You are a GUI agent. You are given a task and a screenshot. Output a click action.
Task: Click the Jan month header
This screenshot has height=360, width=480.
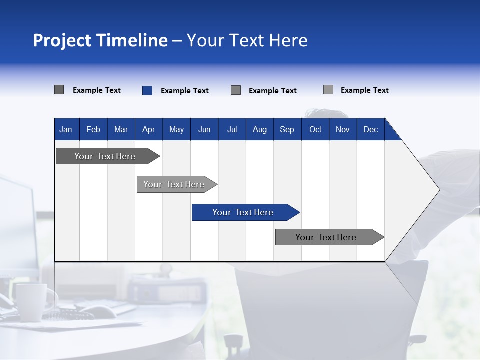pyautogui.click(x=66, y=129)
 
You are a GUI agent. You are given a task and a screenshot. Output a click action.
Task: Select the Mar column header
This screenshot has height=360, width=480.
pyautogui.click(x=121, y=129)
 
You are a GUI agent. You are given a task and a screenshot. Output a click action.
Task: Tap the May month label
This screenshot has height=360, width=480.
pyautogui.click(x=176, y=129)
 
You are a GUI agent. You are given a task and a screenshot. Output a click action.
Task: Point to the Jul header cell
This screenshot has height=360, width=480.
pyautogui.click(x=232, y=129)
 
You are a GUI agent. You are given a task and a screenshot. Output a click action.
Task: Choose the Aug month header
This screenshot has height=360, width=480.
pyautogui.click(x=259, y=129)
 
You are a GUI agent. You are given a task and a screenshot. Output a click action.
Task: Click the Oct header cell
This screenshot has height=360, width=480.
pyautogui.click(x=315, y=129)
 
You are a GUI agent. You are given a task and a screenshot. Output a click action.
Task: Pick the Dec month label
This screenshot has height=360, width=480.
pyautogui.click(x=370, y=129)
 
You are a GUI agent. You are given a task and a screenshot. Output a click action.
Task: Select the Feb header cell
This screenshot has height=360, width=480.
pyautogui.click(x=93, y=129)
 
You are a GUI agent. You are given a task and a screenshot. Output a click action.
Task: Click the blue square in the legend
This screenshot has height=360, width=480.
pyautogui.click(x=147, y=90)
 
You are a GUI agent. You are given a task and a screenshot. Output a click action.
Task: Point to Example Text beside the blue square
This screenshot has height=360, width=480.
pyautogui.click(x=184, y=91)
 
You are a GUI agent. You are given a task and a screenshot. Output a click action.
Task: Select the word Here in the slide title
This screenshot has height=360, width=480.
pyautogui.click(x=288, y=40)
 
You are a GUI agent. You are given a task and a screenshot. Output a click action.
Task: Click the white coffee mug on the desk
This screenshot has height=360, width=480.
pyautogui.click(x=30, y=301)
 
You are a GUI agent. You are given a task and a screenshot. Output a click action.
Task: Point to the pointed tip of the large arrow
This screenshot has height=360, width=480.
pyautogui.click(x=438, y=189)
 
